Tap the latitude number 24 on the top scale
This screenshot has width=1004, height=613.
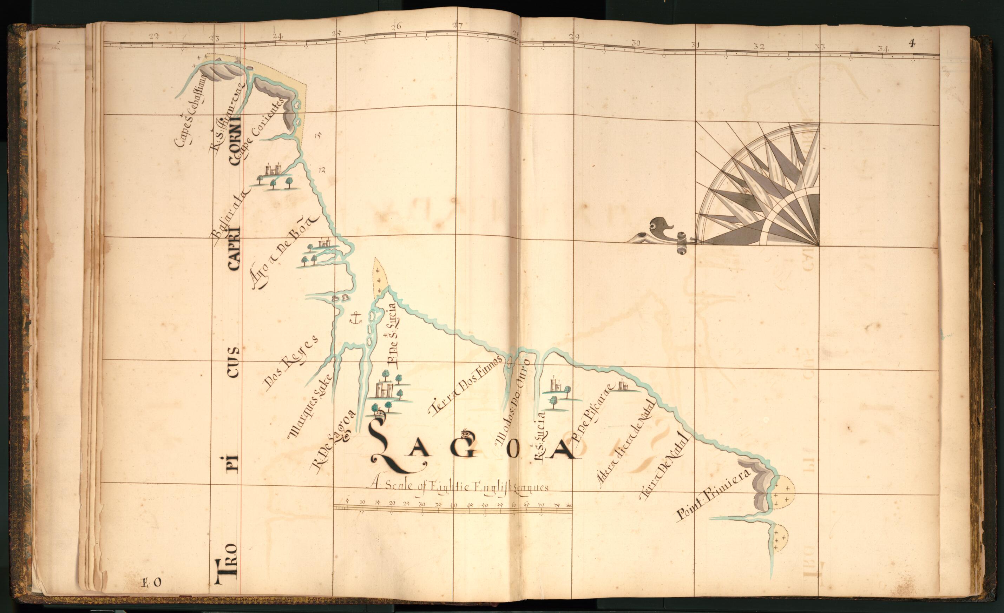[277, 36]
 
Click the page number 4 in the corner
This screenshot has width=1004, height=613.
[912, 43]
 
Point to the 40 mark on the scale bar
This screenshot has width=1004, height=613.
[453, 505]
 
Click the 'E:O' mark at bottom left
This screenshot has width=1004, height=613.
[151, 583]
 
